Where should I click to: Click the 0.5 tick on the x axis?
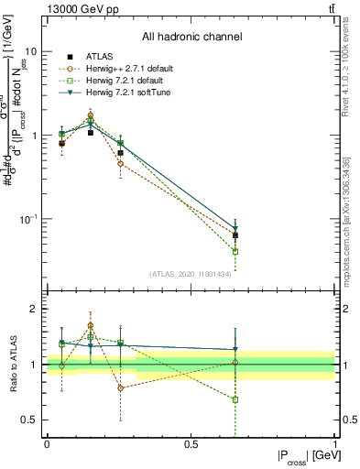pyautogui.click(x=191, y=442)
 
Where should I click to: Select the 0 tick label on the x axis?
pyautogui.click(x=46, y=442)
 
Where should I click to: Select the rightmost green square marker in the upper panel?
pyautogui.click(x=235, y=251)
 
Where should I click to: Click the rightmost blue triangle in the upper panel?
pyautogui.click(x=235, y=229)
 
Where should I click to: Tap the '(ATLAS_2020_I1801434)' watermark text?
pyautogui.click(x=191, y=273)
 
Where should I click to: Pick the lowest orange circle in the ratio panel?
pyautogui.click(x=120, y=387)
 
